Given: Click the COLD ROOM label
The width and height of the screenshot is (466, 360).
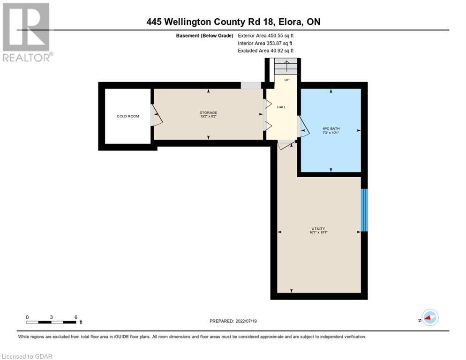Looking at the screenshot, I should point(128,116).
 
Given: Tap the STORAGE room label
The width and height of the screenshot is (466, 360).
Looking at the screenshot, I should point(208,112).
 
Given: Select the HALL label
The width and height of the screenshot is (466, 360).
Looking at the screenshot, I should point(281,107).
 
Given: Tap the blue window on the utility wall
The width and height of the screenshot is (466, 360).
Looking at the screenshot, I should point(364,210).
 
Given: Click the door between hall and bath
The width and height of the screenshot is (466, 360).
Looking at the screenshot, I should point(302,127).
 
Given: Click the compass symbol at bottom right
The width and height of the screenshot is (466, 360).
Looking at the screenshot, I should point(429,317).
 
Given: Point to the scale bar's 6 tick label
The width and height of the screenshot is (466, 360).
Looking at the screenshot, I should point(75,317).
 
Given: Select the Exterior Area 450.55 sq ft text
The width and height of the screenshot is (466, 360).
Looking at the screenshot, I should point(266,35).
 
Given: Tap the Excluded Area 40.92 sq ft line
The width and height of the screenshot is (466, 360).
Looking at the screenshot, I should point(266,51).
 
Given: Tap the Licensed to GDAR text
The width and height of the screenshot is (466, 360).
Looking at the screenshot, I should point(27,356).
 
